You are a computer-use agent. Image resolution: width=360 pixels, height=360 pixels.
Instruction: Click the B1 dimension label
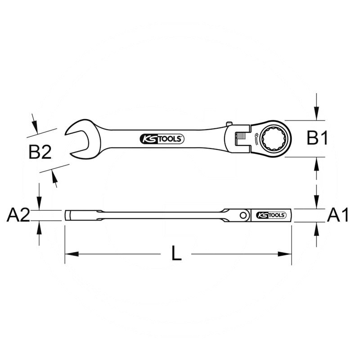click(x=317, y=139)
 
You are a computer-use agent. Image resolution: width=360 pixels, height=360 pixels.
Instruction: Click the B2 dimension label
click(x=40, y=152)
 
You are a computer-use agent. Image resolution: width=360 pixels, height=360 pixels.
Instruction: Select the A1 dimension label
click(x=338, y=215)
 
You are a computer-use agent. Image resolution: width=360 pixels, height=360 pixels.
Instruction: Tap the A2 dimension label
click(x=18, y=215)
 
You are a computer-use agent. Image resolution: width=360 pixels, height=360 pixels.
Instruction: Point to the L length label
click(x=176, y=253)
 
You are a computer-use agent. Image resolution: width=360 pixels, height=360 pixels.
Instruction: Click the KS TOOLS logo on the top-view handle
click(x=162, y=139)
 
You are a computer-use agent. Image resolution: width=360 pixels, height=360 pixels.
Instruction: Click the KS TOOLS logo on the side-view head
click(x=271, y=215)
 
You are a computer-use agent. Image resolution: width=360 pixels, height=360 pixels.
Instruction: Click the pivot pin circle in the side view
click(x=243, y=215)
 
